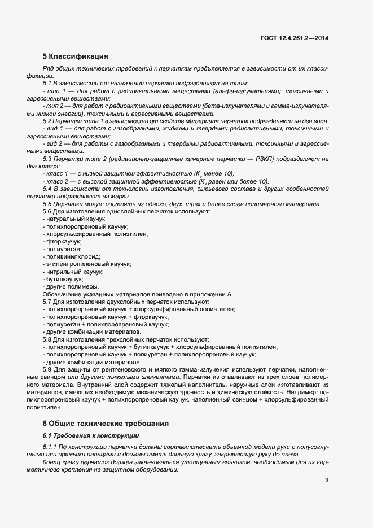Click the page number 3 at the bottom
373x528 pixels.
pyautogui.click(x=327, y=480)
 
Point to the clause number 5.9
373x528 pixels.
pyautogui.click(x=48, y=369)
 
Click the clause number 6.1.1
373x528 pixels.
pyautogui.click(x=51, y=448)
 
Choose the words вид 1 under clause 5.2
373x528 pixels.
pyautogui.click(x=56, y=129)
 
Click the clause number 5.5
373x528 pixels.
pyautogui.click(x=48, y=204)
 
